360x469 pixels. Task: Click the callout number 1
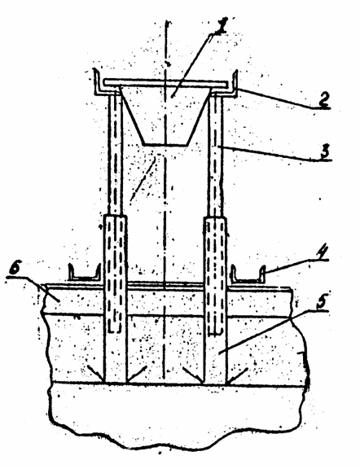pos(220,26)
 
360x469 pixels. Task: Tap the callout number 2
pos(323,99)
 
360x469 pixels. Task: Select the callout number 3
pos(325,151)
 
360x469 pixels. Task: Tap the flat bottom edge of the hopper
pos(165,146)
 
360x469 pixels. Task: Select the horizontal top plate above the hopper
pos(165,83)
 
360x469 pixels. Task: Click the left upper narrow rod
pos(115,154)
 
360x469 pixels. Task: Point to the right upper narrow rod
pos(216,154)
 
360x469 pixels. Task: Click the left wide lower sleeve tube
pos(115,299)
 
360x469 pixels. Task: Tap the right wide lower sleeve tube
pos(216,299)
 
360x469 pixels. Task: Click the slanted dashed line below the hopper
pos(143,179)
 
